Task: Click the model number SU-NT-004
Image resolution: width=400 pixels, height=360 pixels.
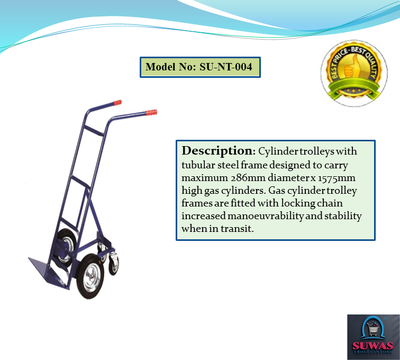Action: point(226,67)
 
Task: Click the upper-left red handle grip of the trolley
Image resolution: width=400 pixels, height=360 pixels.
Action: point(118,102)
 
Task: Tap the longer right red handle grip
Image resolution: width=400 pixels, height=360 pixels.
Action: point(151,113)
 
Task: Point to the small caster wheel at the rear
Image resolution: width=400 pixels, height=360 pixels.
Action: point(114,264)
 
